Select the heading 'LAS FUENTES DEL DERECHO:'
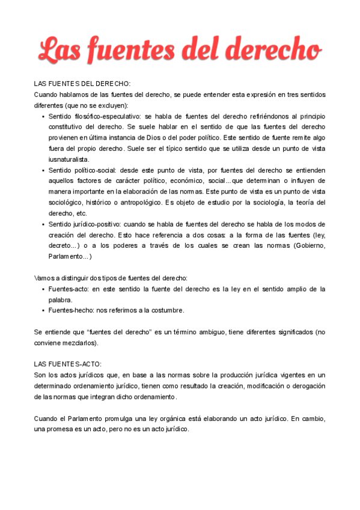click(82, 84)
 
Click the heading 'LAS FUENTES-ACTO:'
click(68, 364)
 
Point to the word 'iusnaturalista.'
click(69, 159)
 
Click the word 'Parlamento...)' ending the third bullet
click(70, 257)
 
